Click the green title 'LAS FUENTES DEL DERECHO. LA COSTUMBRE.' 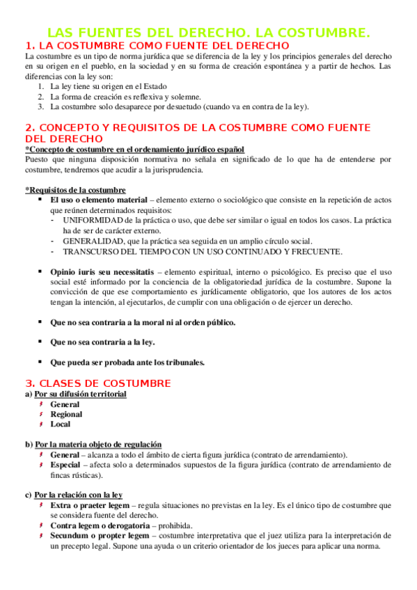click(x=208, y=33)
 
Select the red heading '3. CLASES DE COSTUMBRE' click(x=97, y=383)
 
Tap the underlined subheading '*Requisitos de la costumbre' click(x=75, y=190)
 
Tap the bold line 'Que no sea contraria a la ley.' click(x=102, y=342)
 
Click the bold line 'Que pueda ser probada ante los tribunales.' click(x=127, y=362)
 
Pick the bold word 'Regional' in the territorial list click(x=66, y=414)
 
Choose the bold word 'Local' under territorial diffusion click(x=60, y=424)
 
